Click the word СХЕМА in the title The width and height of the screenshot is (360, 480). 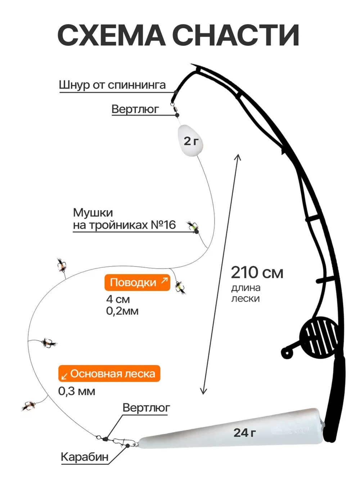click(112, 35)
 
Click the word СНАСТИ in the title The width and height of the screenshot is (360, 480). click(237, 35)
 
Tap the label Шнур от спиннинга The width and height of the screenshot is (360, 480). click(112, 85)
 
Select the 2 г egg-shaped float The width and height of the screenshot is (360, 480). click(191, 140)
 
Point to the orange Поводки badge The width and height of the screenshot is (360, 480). click(137, 282)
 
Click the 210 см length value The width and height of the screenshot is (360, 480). click(257, 273)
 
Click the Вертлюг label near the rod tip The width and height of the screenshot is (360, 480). click(135, 109)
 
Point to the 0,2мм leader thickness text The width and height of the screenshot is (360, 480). click(122, 311)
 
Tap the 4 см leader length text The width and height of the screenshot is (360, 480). click(118, 299)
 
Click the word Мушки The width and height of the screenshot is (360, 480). click(93, 212)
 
